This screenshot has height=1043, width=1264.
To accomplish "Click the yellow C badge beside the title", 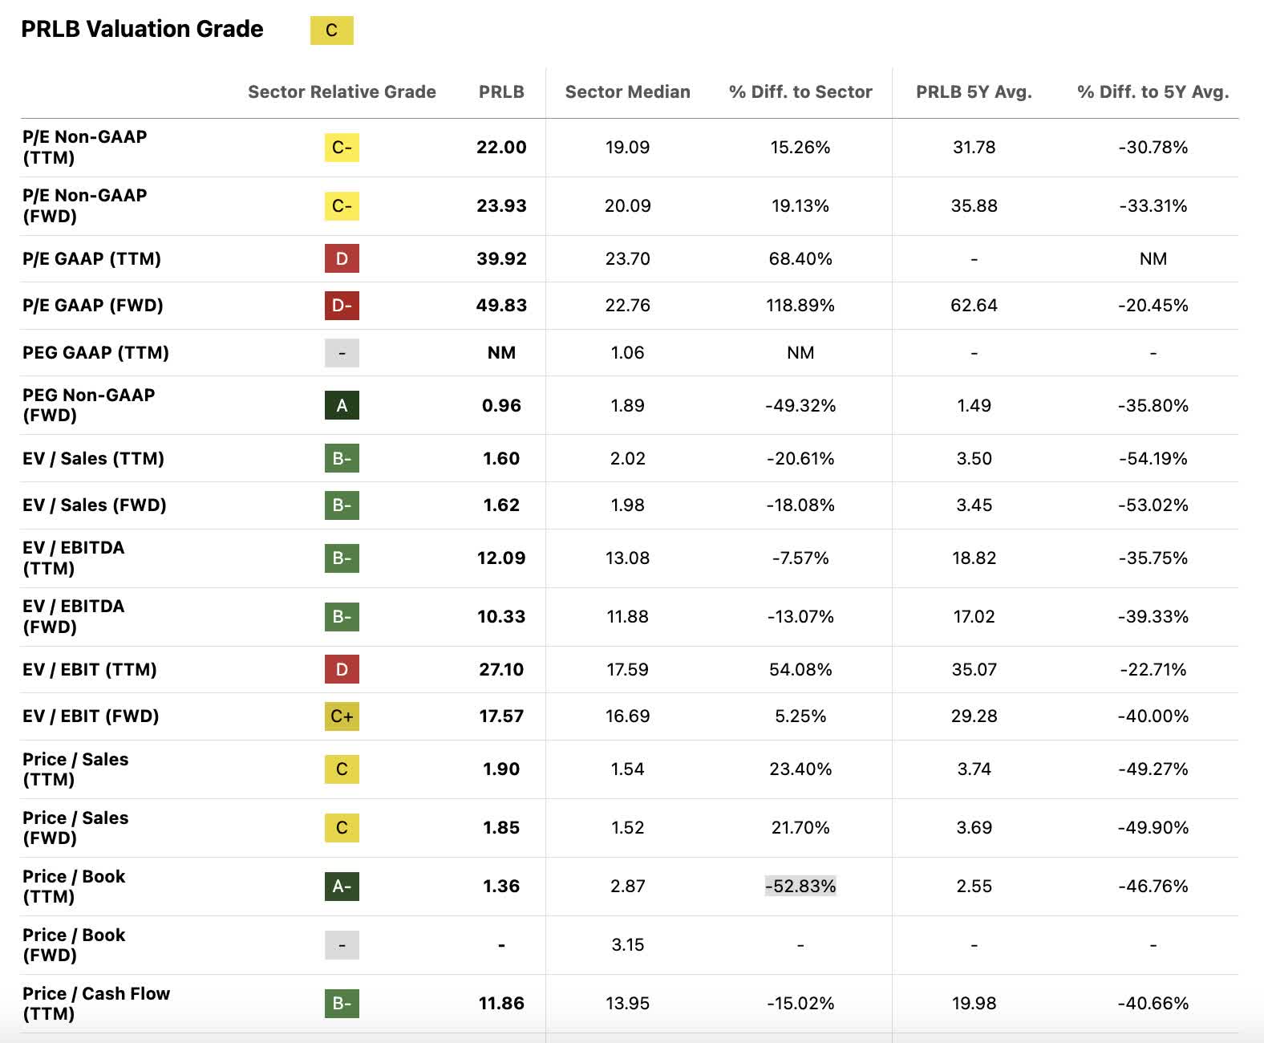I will tap(331, 30).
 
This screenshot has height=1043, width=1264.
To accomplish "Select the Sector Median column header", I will tap(627, 91).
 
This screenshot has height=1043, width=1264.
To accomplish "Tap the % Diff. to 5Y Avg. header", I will tap(1153, 91).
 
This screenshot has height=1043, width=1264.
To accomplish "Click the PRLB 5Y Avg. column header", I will tap(974, 91).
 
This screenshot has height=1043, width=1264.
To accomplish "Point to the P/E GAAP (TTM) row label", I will tap(91, 258).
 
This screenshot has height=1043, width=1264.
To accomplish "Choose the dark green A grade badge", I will tap(342, 405).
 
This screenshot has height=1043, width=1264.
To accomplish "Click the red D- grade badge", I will tap(342, 306).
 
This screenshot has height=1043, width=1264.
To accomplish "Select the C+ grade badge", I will tap(342, 716).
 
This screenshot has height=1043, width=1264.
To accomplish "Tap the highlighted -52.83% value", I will tap(800, 886).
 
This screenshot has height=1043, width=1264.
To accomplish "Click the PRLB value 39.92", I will tap(501, 258).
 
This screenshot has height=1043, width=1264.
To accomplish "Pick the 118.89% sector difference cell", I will tap(800, 306).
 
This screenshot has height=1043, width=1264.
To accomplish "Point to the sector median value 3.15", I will tap(627, 944).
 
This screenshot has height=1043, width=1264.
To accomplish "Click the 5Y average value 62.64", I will tap(974, 306).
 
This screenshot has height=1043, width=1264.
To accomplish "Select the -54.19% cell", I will tap(1153, 458).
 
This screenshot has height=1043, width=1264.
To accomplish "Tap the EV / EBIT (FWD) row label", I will tap(91, 716).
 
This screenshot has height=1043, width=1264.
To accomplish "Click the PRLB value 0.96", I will tap(501, 405).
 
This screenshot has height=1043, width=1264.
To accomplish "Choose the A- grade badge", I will tap(342, 886).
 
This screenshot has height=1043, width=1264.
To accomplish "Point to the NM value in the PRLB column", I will tap(501, 352).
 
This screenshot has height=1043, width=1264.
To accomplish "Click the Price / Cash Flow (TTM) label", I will tap(95, 1003).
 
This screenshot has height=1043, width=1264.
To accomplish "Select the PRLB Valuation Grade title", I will tap(142, 29).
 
